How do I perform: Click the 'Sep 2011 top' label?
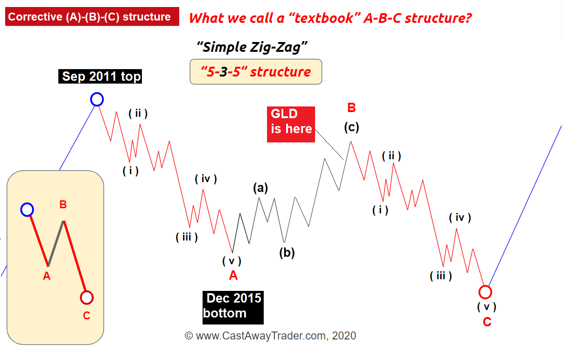click(100, 76)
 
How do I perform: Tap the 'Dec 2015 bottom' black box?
click(233, 308)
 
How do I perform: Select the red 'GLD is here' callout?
click(291, 124)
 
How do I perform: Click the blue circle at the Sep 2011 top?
click(97, 99)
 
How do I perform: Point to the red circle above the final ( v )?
click(485, 292)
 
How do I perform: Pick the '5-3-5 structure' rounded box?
click(256, 72)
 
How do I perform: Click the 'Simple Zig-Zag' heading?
click(252, 47)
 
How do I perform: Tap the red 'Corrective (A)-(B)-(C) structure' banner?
click(92, 16)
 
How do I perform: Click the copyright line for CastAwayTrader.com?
click(270, 336)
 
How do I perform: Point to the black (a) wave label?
click(260, 188)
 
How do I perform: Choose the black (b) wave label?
click(287, 253)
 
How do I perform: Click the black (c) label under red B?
click(351, 127)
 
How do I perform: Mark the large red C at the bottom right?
click(487, 322)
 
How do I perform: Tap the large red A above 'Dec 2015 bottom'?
click(233, 275)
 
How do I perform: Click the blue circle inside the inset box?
click(27, 210)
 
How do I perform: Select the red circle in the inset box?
click(87, 298)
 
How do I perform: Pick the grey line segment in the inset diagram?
click(56, 243)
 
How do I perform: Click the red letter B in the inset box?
click(63, 205)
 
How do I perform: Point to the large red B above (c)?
click(351, 108)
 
